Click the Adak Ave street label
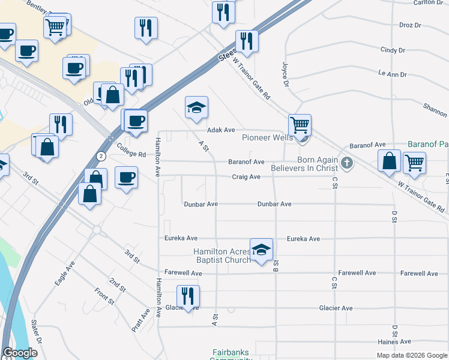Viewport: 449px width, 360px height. point(220,130)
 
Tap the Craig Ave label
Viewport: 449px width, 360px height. point(246,177)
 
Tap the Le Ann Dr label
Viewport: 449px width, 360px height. point(393,74)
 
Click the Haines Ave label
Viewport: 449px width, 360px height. point(394,341)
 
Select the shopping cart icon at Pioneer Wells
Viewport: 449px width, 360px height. point(300,125)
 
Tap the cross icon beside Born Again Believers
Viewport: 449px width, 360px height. point(346,163)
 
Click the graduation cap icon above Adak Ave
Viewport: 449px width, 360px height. point(196,107)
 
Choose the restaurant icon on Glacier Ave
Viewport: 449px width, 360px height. point(188,296)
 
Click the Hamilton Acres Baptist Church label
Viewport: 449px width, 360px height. point(222,256)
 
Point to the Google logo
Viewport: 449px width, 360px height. point(20,353)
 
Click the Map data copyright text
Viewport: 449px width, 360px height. point(411,355)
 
